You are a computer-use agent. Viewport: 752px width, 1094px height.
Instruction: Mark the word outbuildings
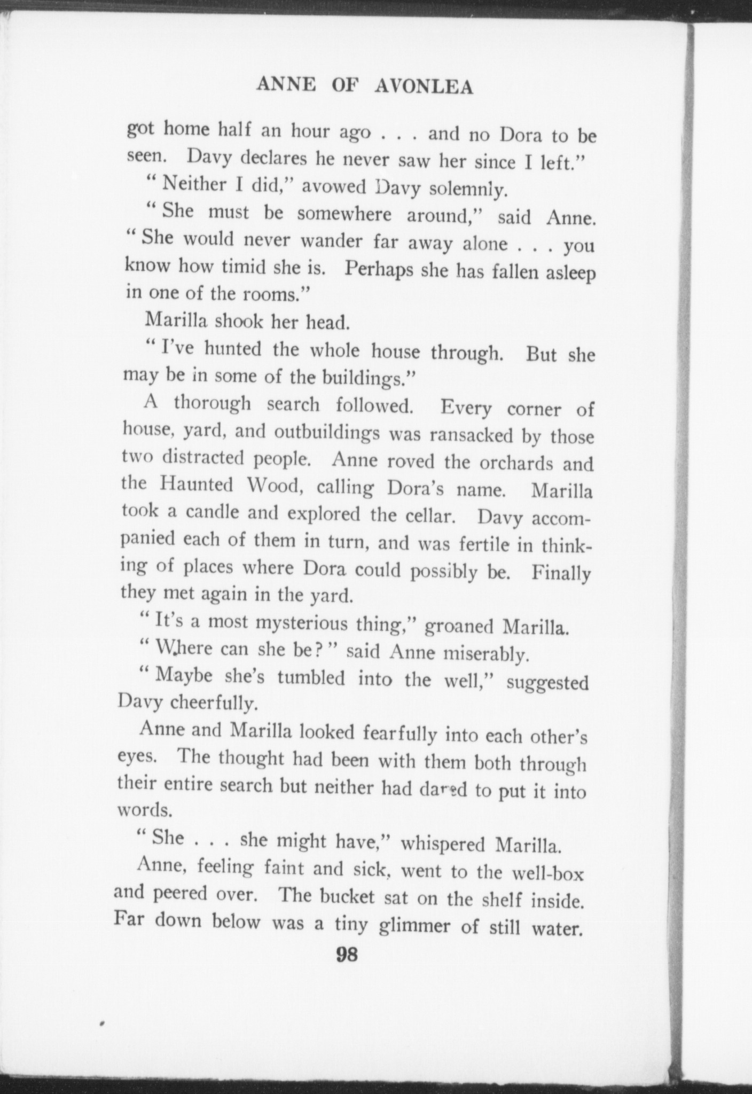(x=327, y=432)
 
